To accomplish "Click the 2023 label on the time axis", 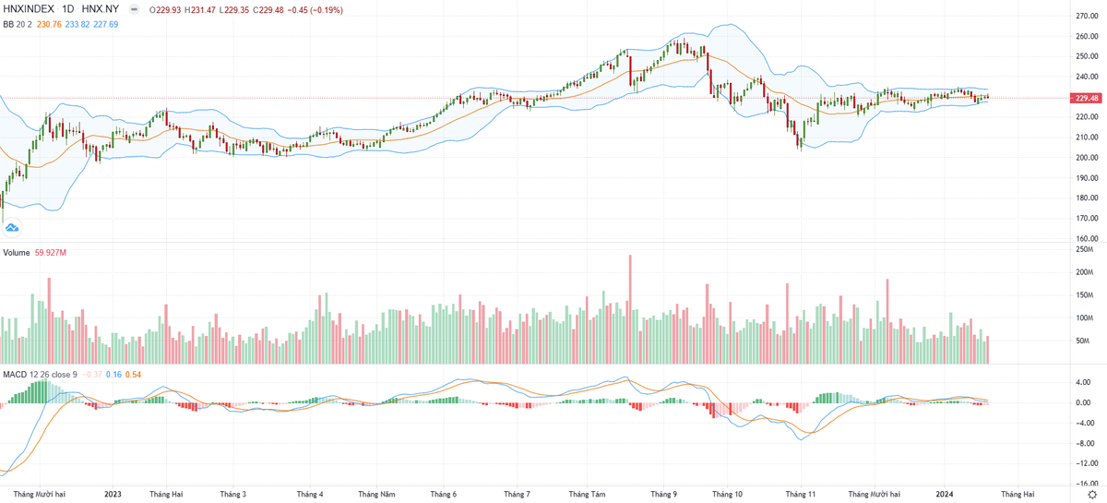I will coord(113,495).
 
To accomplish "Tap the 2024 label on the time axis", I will coord(944,495).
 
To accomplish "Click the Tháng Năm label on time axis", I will coord(376,495).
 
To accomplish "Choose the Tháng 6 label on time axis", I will coord(444,495).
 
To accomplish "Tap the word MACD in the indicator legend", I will coord(14,374).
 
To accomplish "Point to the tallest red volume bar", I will coord(631,308).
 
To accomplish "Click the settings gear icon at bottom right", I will coord(1092,496).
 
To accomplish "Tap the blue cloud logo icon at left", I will coord(13,226).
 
